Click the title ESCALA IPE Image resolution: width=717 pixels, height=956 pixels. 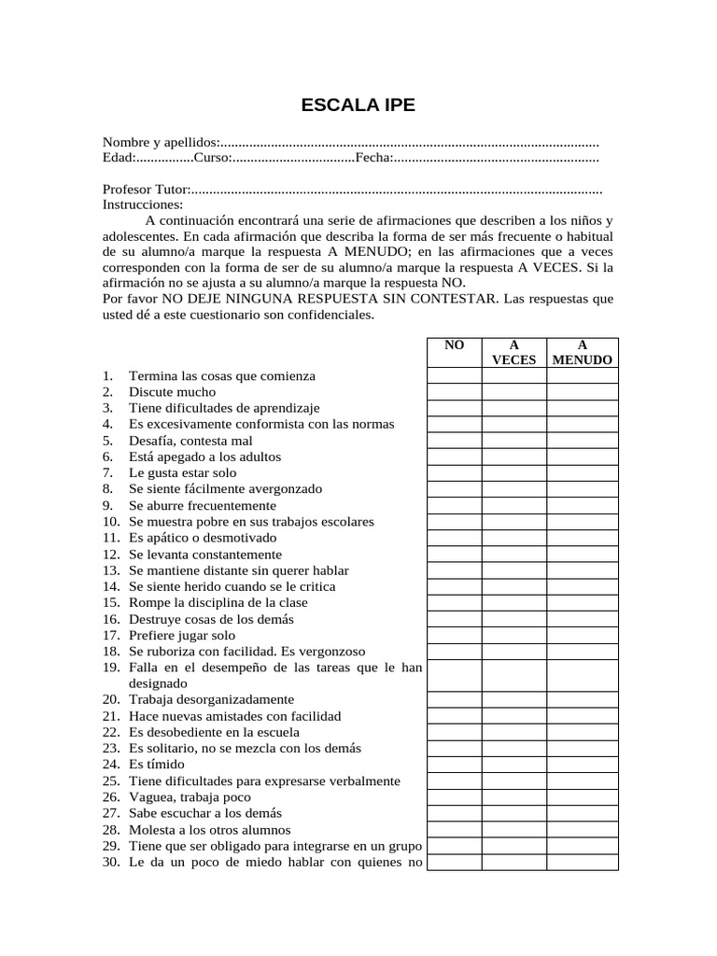point(358,105)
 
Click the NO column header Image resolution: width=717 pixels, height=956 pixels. point(455,345)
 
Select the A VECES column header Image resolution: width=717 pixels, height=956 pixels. point(513,352)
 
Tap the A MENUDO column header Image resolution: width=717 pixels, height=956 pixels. point(582,352)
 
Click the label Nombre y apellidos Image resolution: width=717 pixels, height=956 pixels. point(160,143)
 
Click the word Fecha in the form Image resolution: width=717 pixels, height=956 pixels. point(372,159)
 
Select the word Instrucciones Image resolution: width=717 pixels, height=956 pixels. point(143,204)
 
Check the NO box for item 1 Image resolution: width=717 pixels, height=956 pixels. point(455,375)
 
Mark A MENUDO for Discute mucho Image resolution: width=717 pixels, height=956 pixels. point(582,392)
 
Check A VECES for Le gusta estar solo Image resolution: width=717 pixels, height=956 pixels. point(513,473)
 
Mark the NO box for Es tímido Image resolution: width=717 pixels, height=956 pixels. point(455,765)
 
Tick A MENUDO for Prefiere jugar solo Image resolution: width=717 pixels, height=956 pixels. point(582,635)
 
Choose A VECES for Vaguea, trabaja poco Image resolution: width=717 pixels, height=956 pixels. point(513,797)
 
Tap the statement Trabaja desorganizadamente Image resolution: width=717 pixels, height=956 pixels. point(211,699)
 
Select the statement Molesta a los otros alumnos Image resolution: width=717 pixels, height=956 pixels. point(209,830)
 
